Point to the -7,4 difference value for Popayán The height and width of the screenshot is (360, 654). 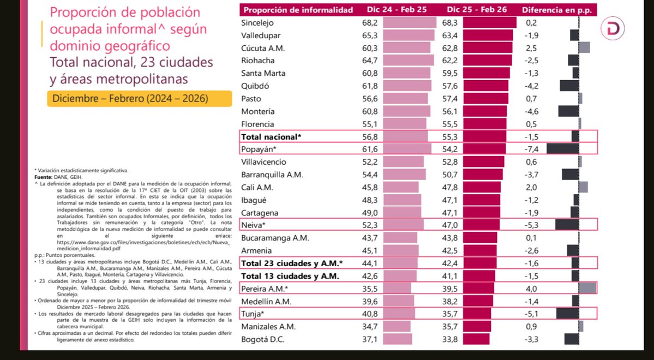pos(533,149)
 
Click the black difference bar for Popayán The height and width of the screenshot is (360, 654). pos(563,149)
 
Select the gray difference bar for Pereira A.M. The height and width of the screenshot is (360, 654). pos(587,289)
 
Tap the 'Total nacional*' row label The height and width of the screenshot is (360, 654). pos(271,136)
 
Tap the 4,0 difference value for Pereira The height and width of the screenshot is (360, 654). pos(532,289)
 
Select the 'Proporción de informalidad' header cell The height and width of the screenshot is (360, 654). pos(298,10)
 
